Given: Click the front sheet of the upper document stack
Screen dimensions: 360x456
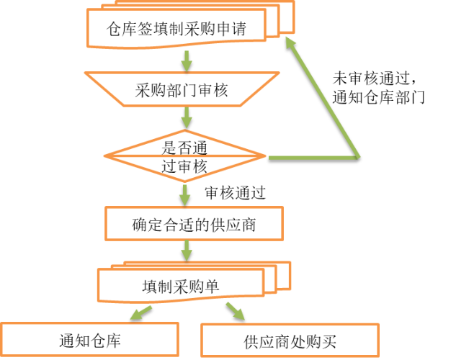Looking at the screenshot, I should [x=176, y=28].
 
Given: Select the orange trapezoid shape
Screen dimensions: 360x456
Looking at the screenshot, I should [x=182, y=89].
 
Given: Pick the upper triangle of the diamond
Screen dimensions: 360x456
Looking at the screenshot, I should [x=184, y=144].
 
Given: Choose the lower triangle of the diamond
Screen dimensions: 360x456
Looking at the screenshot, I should [x=184, y=168].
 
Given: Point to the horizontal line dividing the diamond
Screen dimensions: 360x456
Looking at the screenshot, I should [x=184, y=156].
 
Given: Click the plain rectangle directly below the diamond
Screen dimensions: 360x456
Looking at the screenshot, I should [x=194, y=223].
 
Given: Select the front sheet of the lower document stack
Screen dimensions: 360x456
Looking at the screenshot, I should [x=180, y=284].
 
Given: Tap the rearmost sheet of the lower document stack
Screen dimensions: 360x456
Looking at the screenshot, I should [x=285, y=276].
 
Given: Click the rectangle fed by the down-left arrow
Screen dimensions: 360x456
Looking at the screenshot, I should [x=89, y=339].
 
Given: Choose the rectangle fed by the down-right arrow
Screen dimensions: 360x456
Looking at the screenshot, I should [x=290, y=340].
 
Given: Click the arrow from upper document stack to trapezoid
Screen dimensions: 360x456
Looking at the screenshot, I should [x=187, y=60].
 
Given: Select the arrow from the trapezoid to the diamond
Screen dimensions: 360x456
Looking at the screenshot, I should [x=187, y=117].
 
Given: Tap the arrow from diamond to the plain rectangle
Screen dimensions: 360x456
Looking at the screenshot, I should [x=185, y=194].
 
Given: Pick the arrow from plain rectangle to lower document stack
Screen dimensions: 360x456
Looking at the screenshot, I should [x=187, y=251].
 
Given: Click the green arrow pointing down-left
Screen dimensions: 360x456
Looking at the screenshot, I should [x=141, y=312].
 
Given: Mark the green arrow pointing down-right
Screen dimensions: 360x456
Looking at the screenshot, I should [x=235, y=311].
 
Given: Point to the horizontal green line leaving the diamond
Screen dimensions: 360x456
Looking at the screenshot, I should [x=313, y=157].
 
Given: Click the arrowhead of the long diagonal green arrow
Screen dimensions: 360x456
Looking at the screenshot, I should [x=290, y=43].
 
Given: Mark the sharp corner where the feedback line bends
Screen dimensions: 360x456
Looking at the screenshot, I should [x=357, y=156].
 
